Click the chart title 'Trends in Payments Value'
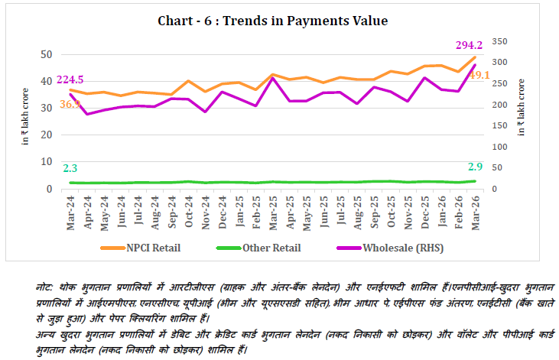[x=272, y=21]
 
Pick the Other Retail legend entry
[x=271, y=248]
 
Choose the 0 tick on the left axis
[x=50, y=189]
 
